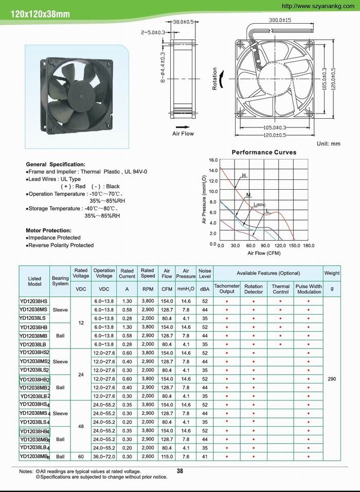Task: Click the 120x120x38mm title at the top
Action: (x=37, y=14)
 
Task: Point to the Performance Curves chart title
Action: (x=264, y=152)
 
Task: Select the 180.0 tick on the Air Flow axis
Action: (x=309, y=246)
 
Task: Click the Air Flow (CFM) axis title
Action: (x=264, y=253)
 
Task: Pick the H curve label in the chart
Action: (x=244, y=176)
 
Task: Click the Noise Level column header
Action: (x=205, y=273)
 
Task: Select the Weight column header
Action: (x=332, y=273)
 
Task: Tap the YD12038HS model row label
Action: (x=34, y=301)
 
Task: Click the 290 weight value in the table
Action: (x=332, y=378)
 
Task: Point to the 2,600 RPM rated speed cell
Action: (x=148, y=456)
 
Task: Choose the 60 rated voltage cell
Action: (x=81, y=456)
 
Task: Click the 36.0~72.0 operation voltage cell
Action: (x=104, y=456)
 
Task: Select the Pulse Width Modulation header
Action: (x=309, y=289)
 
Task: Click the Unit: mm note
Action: (x=329, y=144)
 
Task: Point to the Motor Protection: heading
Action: (x=48, y=230)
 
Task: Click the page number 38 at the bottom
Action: (x=180, y=470)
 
